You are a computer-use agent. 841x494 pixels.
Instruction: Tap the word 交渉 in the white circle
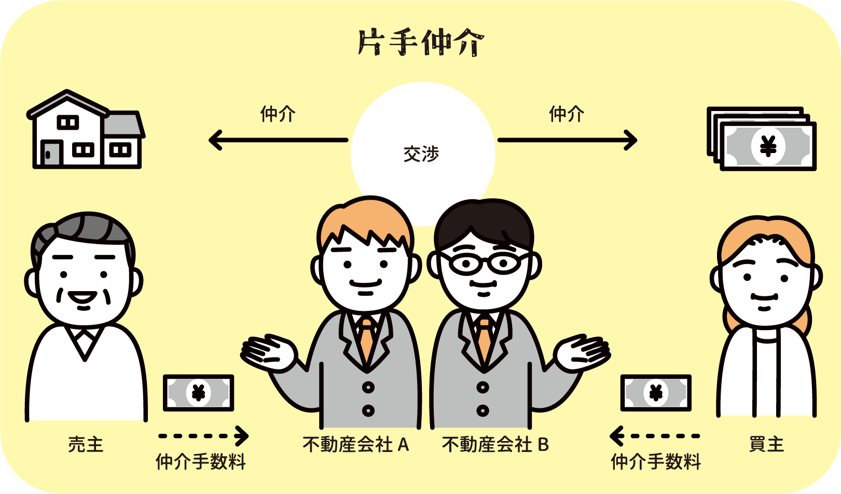(421, 154)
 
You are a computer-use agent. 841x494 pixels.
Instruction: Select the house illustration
(86, 129)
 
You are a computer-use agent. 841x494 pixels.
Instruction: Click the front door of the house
(51, 153)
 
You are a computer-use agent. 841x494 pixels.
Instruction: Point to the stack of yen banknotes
(762, 139)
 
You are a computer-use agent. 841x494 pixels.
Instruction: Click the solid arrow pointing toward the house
(278, 140)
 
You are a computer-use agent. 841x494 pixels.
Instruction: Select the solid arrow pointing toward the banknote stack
(567, 140)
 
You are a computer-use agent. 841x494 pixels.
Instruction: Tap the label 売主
(86, 445)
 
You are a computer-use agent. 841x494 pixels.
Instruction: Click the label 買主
(767, 445)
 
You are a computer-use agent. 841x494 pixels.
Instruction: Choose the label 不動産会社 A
(356, 445)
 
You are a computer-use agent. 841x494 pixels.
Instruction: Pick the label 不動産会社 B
(495, 445)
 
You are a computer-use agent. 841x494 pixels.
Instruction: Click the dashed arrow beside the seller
(203, 436)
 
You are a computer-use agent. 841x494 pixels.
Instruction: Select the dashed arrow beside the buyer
(655, 436)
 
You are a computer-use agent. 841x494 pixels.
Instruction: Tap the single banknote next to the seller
(198, 393)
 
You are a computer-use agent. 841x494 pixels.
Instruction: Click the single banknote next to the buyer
(656, 393)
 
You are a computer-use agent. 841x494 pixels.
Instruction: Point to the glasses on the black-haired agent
(485, 262)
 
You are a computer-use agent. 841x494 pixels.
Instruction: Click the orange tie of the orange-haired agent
(367, 339)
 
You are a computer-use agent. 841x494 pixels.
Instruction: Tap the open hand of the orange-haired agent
(269, 352)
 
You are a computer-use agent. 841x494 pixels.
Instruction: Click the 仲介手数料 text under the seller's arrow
(201, 462)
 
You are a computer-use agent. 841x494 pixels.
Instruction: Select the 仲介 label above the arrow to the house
(278, 114)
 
